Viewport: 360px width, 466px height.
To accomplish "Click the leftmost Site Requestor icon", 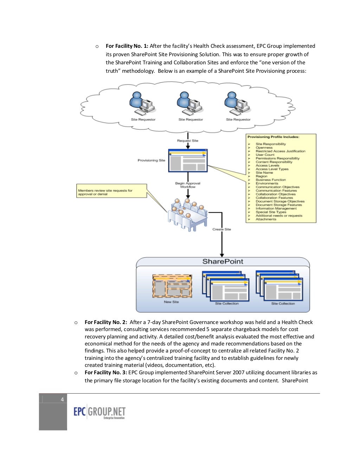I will point(142,104).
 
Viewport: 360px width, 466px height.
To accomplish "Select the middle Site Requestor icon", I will point(190,104).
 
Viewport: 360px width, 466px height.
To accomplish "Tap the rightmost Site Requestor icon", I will point(237,104).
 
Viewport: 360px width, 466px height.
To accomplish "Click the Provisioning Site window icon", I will point(188,161).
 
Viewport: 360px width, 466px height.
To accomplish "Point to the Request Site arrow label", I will point(187,141).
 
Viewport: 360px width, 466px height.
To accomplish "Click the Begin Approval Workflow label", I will point(188,185).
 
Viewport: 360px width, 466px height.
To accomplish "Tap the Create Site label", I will point(221,229).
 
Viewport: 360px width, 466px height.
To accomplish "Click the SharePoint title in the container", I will point(223,261).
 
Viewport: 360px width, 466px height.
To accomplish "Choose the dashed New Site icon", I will point(172,286).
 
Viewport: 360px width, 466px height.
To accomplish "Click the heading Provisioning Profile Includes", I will point(273,137).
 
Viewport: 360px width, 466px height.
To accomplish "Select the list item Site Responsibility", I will point(270,144).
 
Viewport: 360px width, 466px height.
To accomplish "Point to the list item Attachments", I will point(266,219).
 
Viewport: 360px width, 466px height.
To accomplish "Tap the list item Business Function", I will point(270,180).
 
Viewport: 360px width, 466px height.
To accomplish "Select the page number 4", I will point(62,399).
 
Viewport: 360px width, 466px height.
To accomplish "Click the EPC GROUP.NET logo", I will point(99,412).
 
